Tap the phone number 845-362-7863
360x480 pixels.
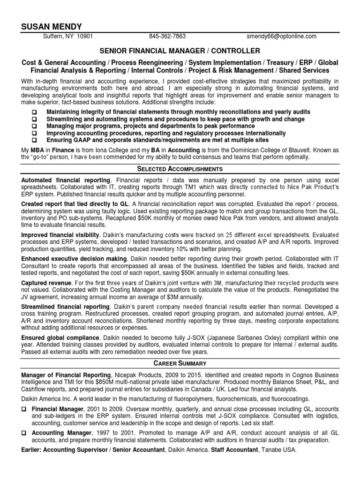[x=167, y=36]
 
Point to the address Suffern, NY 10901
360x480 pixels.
[x=68, y=36]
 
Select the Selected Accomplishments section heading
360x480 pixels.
[x=180, y=169]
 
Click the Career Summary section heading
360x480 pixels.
[x=180, y=363]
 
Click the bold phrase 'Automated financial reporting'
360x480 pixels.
[x=66, y=180]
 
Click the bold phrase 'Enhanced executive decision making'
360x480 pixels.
[x=74, y=259]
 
